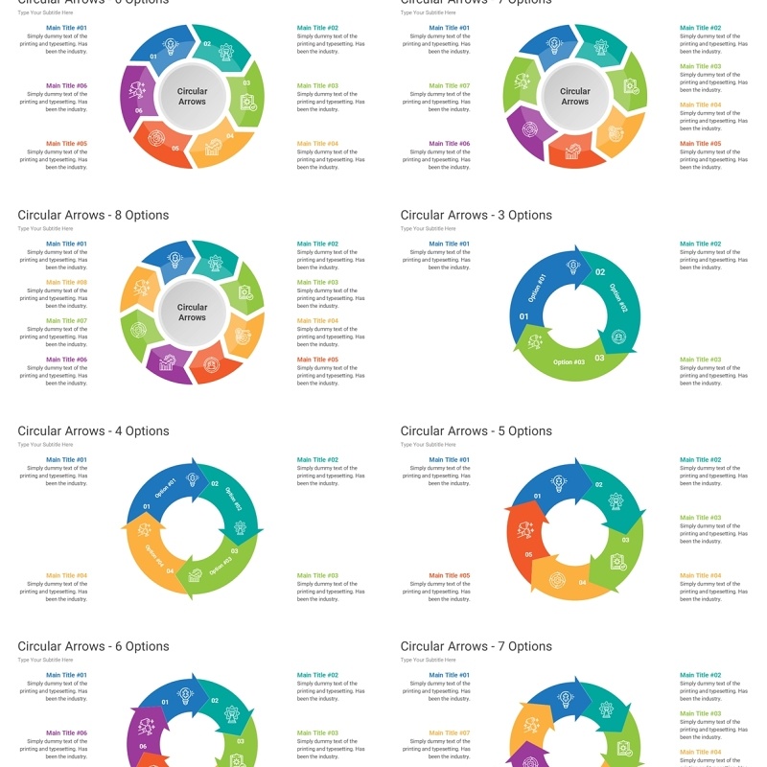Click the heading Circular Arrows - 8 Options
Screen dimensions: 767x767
point(93,216)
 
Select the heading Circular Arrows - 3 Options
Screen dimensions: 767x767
point(476,216)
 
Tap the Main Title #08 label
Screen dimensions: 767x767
point(66,283)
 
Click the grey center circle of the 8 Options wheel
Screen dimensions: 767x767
point(192,313)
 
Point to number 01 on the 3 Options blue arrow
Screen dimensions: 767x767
point(523,316)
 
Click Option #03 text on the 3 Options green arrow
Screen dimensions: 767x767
point(569,362)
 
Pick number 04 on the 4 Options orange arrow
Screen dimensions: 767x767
point(170,571)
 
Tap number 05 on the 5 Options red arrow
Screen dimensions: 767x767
point(528,554)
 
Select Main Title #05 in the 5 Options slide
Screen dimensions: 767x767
point(450,576)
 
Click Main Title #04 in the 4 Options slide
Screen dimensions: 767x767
point(66,576)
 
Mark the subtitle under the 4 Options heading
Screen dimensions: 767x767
point(45,445)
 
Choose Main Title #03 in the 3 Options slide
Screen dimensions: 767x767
point(701,360)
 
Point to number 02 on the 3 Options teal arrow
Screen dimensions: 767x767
point(600,272)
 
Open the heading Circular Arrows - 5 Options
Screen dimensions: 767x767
point(476,431)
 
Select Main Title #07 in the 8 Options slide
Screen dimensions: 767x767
point(66,321)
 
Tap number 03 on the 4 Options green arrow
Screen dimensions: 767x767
point(234,551)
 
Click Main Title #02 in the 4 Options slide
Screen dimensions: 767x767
point(317,460)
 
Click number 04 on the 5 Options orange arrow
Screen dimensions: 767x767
point(583,581)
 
